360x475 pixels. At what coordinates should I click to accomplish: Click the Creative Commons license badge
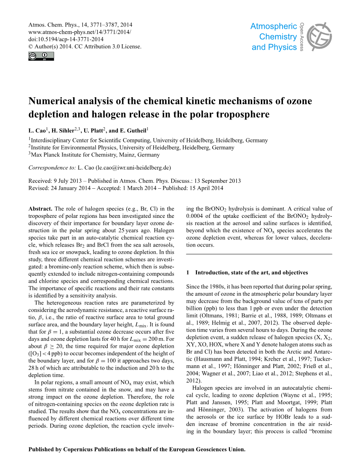pos(41,56)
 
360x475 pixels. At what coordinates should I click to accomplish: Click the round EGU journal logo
pos(319,37)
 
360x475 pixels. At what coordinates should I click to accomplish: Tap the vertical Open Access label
pos(302,37)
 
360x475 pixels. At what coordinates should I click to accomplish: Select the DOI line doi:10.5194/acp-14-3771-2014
pos(66,39)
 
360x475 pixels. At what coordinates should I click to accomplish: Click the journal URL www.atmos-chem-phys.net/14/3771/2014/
pos(80,32)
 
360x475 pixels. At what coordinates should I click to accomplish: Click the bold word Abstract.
pos(40,209)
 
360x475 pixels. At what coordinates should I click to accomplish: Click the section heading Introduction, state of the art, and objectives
pos(251,272)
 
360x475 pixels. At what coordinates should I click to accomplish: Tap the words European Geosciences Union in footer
pos(207,449)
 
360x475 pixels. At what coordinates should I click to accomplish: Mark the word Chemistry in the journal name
pos(278,37)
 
